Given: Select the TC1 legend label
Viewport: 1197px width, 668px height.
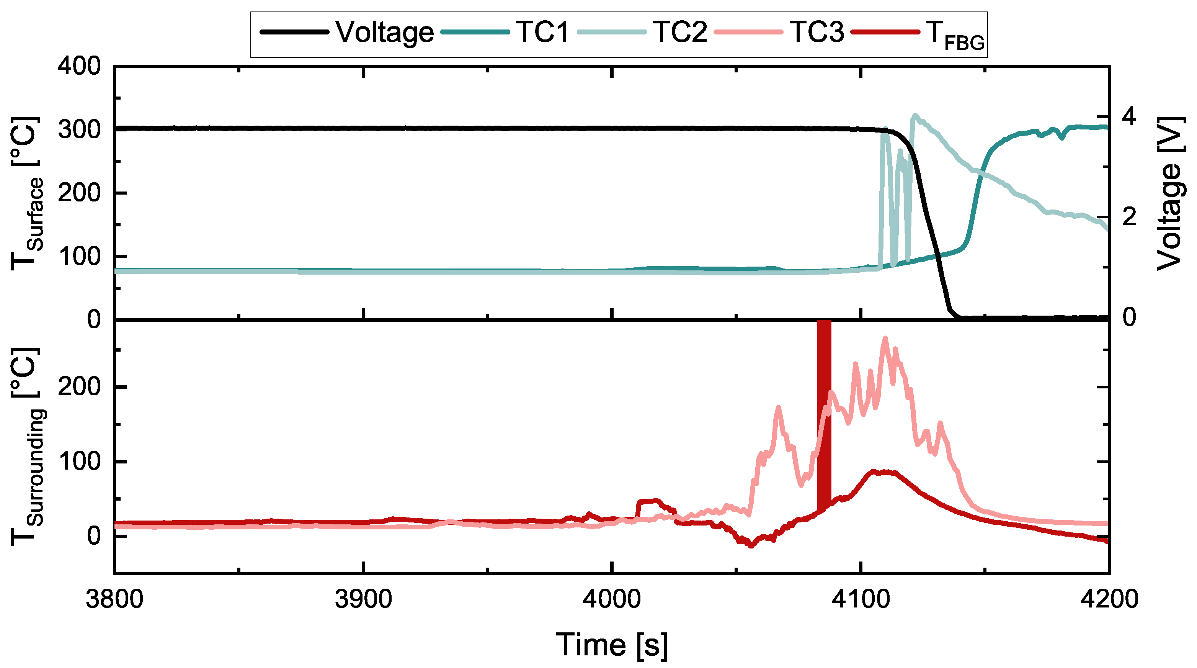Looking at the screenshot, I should coord(542,33).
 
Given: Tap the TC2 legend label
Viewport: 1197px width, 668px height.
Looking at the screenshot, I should coord(680,33).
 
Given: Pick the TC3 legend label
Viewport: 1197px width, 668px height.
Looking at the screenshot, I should coord(817,33).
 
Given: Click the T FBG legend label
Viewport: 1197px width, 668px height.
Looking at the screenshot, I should coord(955,35).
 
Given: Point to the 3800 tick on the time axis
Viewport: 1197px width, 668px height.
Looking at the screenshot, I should coord(114,599).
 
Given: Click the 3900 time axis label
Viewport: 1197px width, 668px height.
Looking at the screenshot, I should coord(363,599).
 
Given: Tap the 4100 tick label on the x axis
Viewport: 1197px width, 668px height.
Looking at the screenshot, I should coord(861,599).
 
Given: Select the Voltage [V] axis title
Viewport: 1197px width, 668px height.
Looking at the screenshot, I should coord(1169,193).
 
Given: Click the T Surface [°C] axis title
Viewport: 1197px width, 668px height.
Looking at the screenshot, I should coord(26,193).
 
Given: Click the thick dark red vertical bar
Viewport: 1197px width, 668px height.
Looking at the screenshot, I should coord(824,414).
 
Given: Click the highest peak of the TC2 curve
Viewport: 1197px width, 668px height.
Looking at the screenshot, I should coord(915,115).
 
